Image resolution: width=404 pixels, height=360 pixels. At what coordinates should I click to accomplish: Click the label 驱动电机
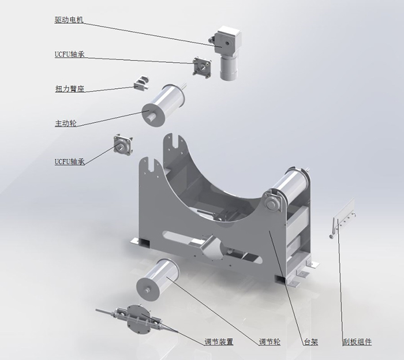(69, 20)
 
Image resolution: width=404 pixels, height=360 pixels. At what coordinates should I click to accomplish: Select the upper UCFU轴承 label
(69, 54)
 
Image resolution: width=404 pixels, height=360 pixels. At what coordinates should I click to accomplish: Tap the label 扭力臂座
(70, 89)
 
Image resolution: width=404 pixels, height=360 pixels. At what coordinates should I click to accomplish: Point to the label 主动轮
(66, 123)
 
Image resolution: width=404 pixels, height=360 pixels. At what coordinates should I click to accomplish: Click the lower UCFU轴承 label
(70, 162)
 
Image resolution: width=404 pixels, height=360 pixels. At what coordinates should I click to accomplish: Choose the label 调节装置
(219, 342)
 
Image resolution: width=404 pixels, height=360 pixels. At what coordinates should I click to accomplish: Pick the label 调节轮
(270, 342)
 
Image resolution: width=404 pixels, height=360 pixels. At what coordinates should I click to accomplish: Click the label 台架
(311, 342)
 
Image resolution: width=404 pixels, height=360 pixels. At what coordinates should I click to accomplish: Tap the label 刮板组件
(357, 342)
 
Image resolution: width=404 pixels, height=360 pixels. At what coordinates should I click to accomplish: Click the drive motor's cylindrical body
(229, 67)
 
